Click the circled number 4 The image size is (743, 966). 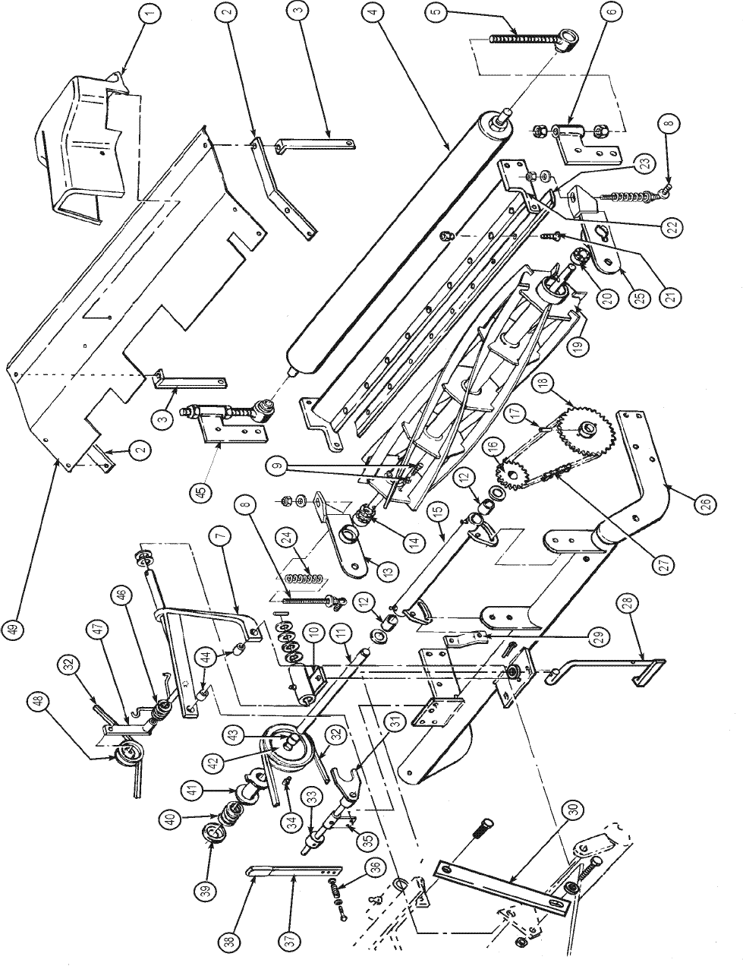(374, 13)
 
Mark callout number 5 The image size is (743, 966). (437, 11)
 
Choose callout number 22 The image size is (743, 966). (672, 227)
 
